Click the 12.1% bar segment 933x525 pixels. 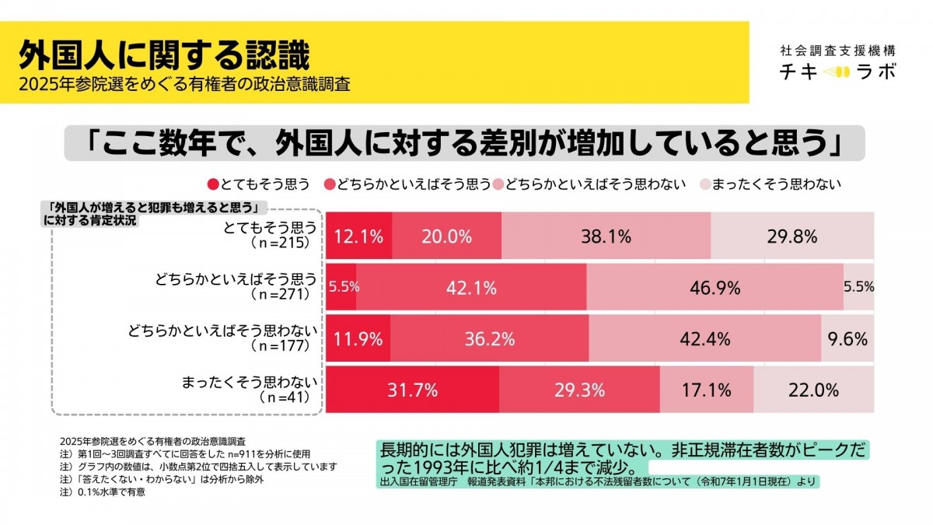click(358, 236)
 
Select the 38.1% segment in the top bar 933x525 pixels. click(606, 236)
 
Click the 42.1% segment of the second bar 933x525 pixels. click(471, 287)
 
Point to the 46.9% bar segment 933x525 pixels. click(715, 287)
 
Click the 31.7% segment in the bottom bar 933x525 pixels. click(412, 390)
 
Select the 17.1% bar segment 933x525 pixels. click(706, 390)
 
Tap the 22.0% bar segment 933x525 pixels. click(813, 390)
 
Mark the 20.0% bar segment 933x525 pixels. click(446, 236)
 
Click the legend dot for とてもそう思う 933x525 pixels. click(213, 184)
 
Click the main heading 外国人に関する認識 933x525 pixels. click(164, 55)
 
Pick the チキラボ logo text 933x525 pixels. click(838, 72)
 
